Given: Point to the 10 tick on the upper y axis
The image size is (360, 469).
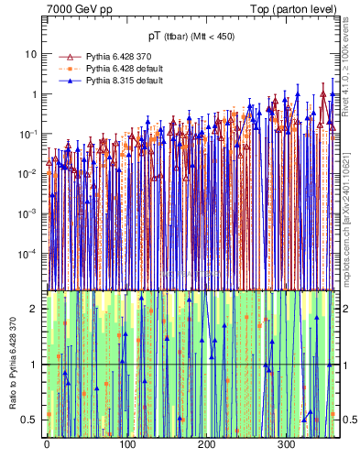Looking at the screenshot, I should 34,54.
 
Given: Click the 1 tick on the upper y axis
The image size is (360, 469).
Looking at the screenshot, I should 37,94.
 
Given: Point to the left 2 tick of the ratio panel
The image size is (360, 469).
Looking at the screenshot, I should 37,309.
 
